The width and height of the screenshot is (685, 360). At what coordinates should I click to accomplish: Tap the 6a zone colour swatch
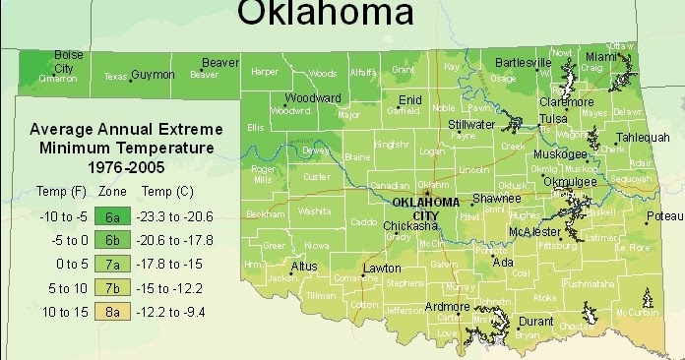pyautogui.click(x=113, y=216)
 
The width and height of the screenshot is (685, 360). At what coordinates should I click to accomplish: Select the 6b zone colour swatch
pyautogui.click(x=113, y=240)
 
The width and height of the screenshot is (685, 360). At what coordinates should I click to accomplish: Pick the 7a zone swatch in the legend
pyautogui.click(x=113, y=264)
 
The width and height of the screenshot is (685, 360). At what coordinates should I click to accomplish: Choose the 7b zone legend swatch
pyautogui.click(x=113, y=287)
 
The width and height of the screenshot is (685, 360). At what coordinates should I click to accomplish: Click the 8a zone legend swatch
pyautogui.click(x=113, y=311)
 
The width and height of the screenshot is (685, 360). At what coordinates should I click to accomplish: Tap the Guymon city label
pyautogui.click(x=153, y=75)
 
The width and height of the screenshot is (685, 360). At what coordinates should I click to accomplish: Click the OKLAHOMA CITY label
pyautogui.click(x=425, y=209)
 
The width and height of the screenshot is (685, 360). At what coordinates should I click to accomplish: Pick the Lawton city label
pyautogui.click(x=382, y=269)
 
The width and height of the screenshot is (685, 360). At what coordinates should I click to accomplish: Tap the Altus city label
pyautogui.click(x=304, y=266)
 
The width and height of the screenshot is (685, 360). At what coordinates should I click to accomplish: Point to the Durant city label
pyautogui.click(x=535, y=321)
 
